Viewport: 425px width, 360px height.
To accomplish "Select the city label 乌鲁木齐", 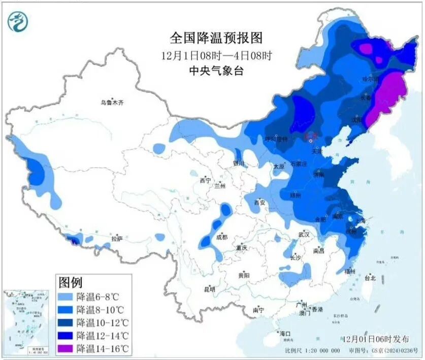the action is (x=112, y=103).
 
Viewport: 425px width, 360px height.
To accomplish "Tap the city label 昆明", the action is (x=209, y=290).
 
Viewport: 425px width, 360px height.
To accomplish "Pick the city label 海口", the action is (x=286, y=334).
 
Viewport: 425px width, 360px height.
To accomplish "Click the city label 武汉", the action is (x=304, y=235).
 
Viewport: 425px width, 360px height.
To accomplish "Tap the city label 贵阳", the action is (x=243, y=275).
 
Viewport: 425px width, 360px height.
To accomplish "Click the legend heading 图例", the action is (x=71, y=283).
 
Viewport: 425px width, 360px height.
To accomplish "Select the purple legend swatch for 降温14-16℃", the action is (x=66, y=348).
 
